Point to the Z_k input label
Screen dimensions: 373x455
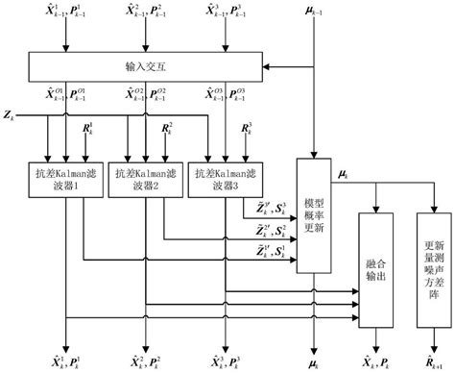(11, 115)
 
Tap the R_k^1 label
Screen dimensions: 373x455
(87, 130)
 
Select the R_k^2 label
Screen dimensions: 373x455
(167, 130)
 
